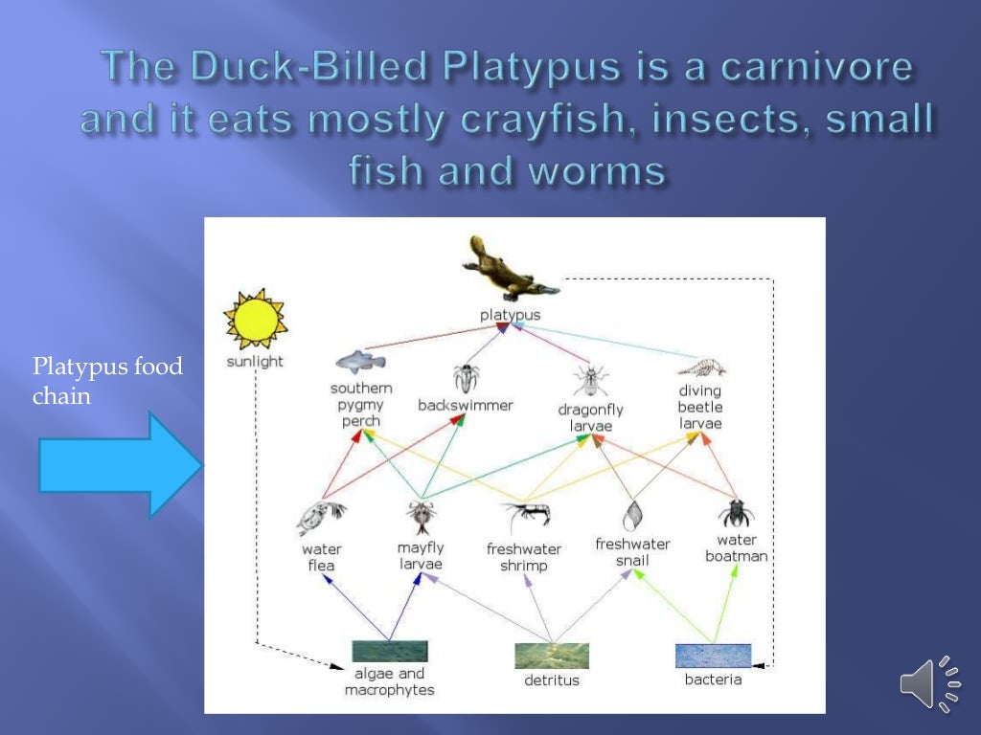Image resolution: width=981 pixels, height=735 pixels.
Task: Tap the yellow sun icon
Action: tap(255, 320)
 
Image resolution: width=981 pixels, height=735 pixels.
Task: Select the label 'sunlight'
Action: tap(255, 362)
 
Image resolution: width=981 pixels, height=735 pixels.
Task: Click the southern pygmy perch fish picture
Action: tap(360, 361)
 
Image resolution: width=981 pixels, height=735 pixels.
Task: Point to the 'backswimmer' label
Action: tap(466, 405)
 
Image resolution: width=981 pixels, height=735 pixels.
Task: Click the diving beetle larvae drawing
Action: tap(701, 367)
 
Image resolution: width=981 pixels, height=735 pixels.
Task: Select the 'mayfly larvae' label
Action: tap(421, 556)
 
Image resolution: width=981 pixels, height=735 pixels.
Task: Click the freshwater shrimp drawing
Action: tap(524, 518)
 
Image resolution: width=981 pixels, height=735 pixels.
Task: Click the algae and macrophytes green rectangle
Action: tap(389, 652)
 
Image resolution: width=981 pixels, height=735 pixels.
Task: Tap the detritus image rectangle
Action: tap(552, 656)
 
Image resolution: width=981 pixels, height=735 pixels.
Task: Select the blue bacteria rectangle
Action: tap(713, 656)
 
